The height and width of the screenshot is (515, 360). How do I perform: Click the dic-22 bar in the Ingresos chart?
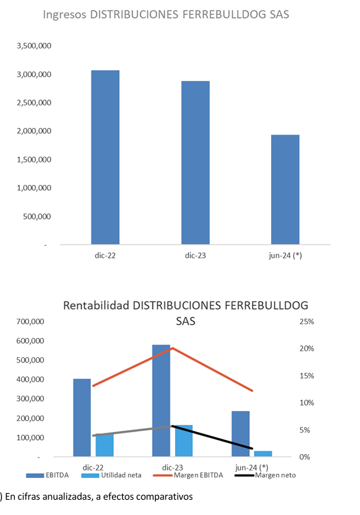105,157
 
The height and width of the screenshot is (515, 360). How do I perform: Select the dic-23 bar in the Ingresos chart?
196,162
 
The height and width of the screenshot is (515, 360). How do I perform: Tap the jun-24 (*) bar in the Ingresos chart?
285,190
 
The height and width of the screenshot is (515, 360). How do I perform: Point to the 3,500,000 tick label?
34,46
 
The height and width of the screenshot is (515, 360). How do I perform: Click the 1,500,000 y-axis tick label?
34,160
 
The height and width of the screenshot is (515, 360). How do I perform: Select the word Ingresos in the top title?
65,15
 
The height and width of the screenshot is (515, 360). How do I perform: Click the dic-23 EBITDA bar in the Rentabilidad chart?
161,401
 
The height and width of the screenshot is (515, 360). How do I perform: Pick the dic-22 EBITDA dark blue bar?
82,418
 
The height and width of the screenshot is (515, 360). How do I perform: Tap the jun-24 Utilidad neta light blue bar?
263,454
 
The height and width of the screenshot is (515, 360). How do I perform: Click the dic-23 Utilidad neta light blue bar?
184,441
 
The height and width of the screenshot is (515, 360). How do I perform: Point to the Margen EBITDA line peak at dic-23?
172,348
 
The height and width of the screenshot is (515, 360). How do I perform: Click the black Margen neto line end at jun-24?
252,448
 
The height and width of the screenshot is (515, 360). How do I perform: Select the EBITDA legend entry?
48,475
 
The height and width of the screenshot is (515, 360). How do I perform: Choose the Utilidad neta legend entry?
111,475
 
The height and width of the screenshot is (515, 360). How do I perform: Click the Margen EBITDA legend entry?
188,475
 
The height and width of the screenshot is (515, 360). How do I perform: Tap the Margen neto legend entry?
265,475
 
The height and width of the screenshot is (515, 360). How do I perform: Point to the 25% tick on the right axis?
306,321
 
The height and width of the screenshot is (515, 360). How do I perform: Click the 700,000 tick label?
30,321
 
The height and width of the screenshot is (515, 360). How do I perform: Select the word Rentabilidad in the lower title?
96,306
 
